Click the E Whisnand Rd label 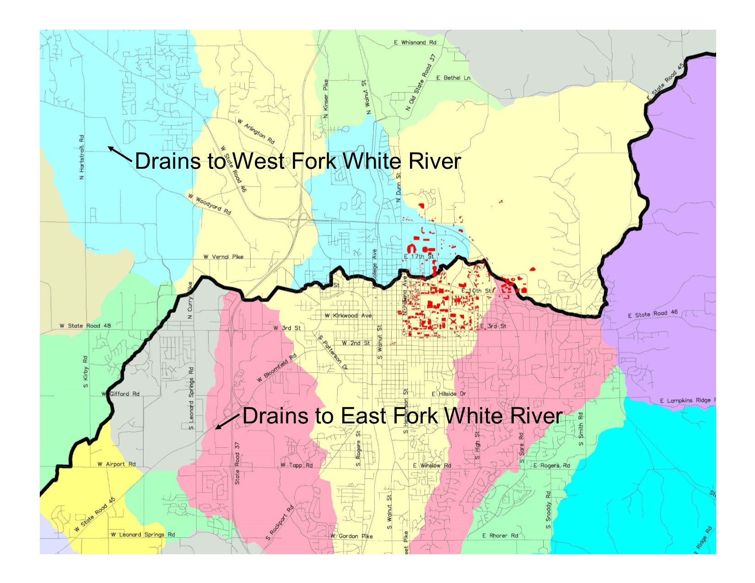tap(415, 43)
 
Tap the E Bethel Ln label tap(453, 78)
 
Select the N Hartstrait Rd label tap(81, 157)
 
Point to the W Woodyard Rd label tap(210, 204)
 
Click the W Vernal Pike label tap(223, 257)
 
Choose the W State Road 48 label tap(85, 326)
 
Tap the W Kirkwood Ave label tap(348, 316)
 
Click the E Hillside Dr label tap(449, 394)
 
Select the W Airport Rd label tap(116, 464)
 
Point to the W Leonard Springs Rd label tap(143, 535)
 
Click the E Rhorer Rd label tap(500, 536)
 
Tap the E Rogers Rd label tap(552, 466)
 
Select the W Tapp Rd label tap(297, 465)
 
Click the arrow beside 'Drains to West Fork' tap(120, 154)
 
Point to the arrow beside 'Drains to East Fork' tap(227, 422)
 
